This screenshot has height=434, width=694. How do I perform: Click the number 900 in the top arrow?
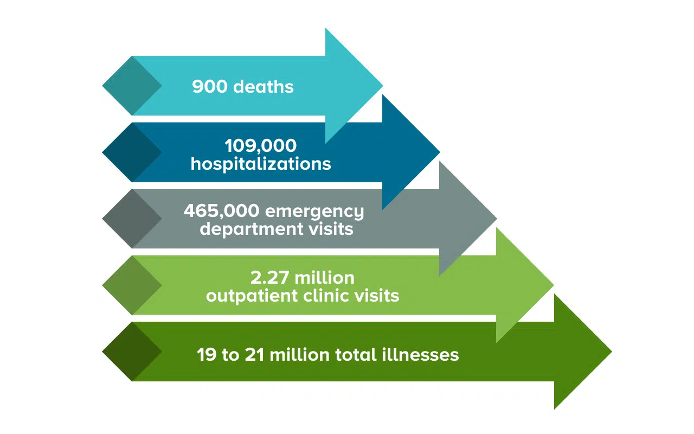pyautogui.click(x=210, y=86)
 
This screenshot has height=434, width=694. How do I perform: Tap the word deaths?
pyautogui.click(x=264, y=86)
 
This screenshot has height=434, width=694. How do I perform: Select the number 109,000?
pyautogui.click(x=261, y=146)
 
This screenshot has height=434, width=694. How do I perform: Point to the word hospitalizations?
pyautogui.click(x=261, y=164)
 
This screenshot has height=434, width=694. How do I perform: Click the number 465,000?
pyautogui.click(x=222, y=211)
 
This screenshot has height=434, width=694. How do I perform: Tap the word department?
pyautogui.click(x=252, y=229)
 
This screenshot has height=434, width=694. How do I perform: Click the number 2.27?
pyautogui.click(x=269, y=277)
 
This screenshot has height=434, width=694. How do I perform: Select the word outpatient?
pyautogui.click(x=252, y=296)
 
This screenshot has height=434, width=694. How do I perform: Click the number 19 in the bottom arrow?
pyautogui.click(x=207, y=355)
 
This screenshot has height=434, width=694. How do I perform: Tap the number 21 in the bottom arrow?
pyautogui.click(x=254, y=355)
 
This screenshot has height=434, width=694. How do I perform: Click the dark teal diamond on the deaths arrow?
pyautogui.click(x=132, y=86)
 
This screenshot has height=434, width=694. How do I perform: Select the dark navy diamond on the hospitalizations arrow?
pyautogui.click(x=132, y=152)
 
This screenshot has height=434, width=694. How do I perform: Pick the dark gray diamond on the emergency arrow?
pyautogui.click(x=132, y=219)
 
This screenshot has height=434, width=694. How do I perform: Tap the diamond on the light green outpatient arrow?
pyautogui.click(x=132, y=285)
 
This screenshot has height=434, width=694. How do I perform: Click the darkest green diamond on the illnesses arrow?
pyautogui.click(x=132, y=352)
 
